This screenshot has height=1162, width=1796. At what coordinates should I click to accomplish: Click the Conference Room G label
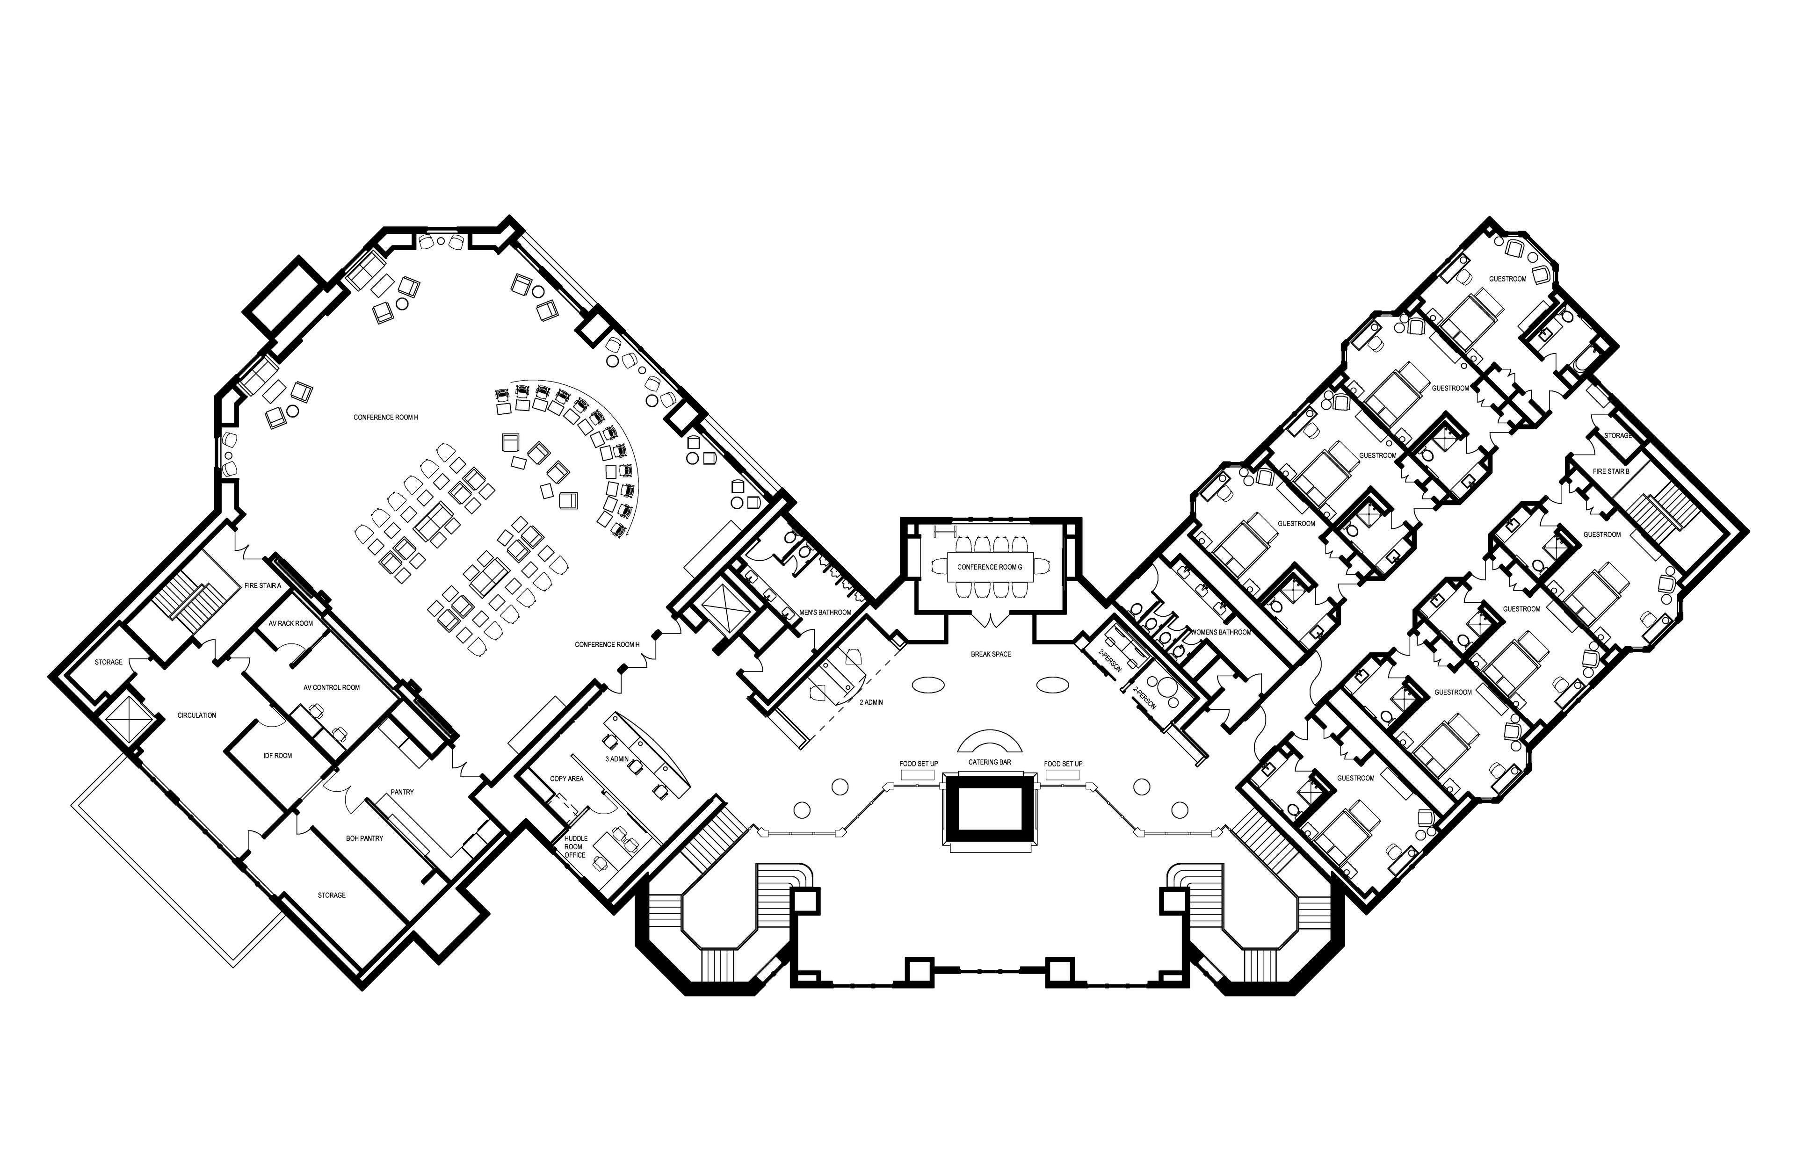[x=989, y=567]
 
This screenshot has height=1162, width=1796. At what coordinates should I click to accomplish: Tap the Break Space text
[x=991, y=654]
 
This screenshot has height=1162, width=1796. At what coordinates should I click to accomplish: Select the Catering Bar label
[x=989, y=763]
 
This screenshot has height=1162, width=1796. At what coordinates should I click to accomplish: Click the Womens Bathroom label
[x=1220, y=632]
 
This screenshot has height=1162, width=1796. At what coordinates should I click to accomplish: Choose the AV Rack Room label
[x=290, y=623]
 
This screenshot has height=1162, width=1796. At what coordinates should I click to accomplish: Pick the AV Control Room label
[x=331, y=687]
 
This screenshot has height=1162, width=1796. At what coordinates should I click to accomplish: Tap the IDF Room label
[x=278, y=755]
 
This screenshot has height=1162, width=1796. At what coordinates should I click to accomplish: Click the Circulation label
[x=197, y=715]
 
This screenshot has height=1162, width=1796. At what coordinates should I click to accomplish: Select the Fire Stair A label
[x=262, y=585]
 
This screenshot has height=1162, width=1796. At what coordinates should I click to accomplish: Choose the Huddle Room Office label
[x=575, y=846]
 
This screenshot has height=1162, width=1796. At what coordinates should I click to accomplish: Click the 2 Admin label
[x=871, y=702]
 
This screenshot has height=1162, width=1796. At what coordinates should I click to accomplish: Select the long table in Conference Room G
[x=990, y=567]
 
